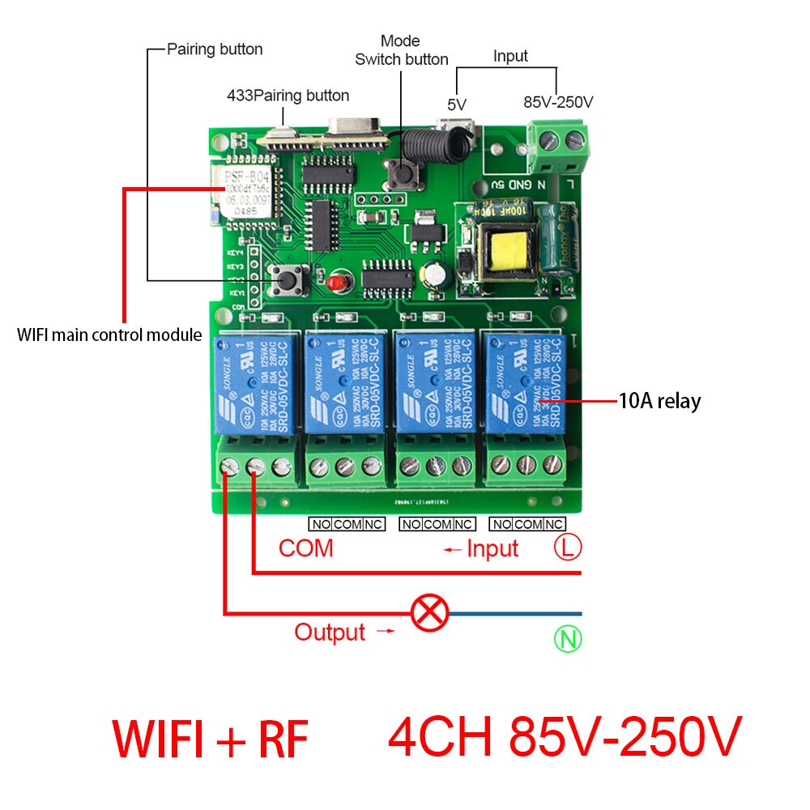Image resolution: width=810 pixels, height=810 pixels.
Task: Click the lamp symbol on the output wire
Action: pyautogui.click(x=430, y=613)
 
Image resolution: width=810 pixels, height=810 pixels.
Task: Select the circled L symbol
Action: pyautogui.click(x=568, y=548)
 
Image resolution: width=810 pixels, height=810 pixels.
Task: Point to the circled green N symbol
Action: pyautogui.click(x=568, y=640)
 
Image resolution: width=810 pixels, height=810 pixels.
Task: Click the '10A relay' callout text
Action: pyautogui.click(x=659, y=400)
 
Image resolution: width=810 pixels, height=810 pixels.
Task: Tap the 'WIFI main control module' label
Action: pyautogui.click(x=109, y=335)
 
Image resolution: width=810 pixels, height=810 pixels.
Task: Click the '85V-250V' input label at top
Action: pyautogui.click(x=558, y=103)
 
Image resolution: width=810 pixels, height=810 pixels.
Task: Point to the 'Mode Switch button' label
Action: pyautogui.click(x=402, y=50)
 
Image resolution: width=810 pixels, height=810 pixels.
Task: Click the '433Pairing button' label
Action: pyautogui.click(x=288, y=96)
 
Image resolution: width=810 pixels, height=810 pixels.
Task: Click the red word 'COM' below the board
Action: pyautogui.click(x=306, y=548)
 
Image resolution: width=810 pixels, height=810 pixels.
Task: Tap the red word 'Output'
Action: pyautogui.click(x=330, y=632)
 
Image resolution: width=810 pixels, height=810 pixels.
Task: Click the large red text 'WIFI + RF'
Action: pyautogui.click(x=210, y=739)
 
